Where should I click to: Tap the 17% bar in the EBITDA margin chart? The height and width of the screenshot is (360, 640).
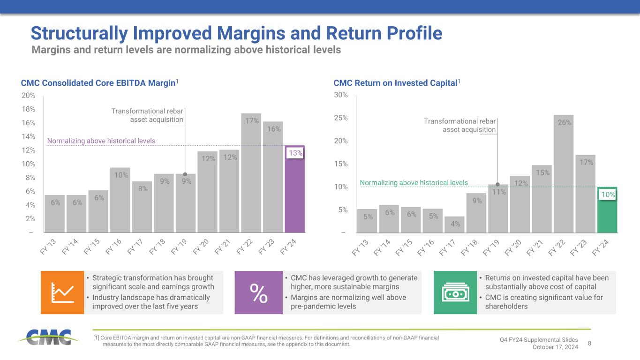[x=251, y=173]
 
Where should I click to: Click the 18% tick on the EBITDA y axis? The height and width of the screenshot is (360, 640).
[x=28, y=109]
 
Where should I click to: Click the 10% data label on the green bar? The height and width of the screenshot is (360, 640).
[x=608, y=194]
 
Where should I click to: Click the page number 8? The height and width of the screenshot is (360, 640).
[x=589, y=343]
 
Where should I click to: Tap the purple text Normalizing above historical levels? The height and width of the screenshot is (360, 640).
[x=101, y=141]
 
